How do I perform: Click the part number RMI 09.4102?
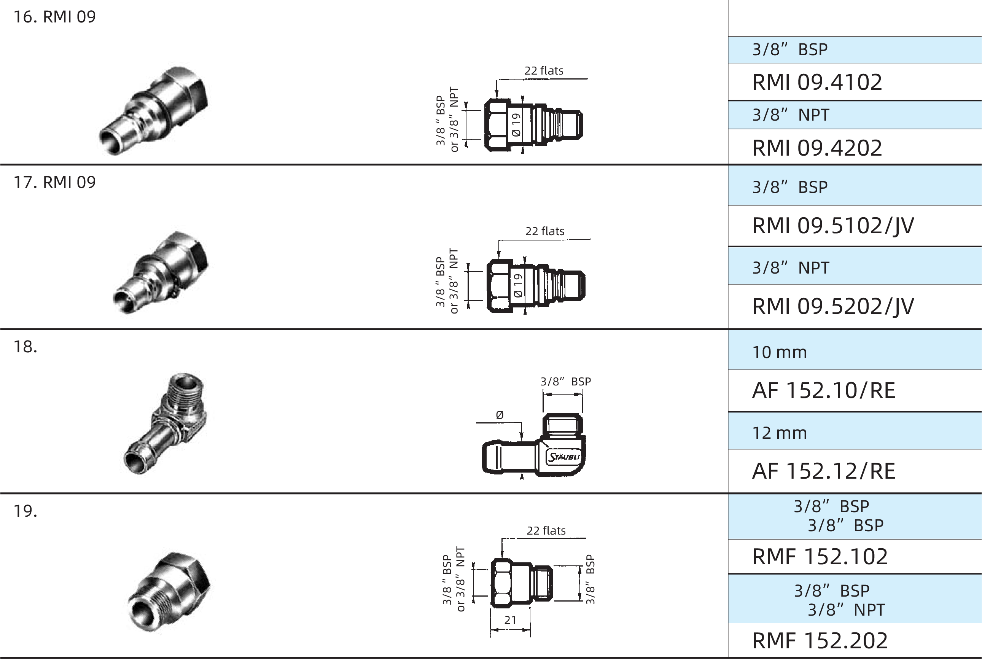pyautogui.click(x=817, y=82)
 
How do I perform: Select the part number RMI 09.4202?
pyautogui.click(x=817, y=148)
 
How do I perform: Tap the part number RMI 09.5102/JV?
pyautogui.click(x=833, y=226)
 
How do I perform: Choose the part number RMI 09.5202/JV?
pyautogui.click(x=833, y=306)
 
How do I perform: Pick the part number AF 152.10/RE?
pyautogui.click(x=824, y=390)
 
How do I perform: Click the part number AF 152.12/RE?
pyautogui.click(x=824, y=471)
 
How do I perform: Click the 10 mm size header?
pyautogui.click(x=780, y=352)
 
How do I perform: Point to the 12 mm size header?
pyautogui.click(x=780, y=433)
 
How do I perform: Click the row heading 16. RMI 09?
pyautogui.click(x=55, y=17)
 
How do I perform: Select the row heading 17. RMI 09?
pyautogui.click(x=55, y=182)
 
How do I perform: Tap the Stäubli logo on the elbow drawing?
pyautogui.click(x=563, y=457)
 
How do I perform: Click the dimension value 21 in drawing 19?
pyautogui.click(x=510, y=620)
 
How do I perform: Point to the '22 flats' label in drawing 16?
pyautogui.click(x=544, y=71)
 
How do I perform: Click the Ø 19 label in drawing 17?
pyautogui.click(x=518, y=285)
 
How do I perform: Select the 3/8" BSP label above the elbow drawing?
pyautogui.click(x=566, y=381)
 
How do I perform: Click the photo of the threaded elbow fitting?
pyautogui.click(x=165, y=423)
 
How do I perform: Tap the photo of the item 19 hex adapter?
pyautogui.click(x=169, y=591)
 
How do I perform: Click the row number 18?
pyautogui.click(x=25, y=347)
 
